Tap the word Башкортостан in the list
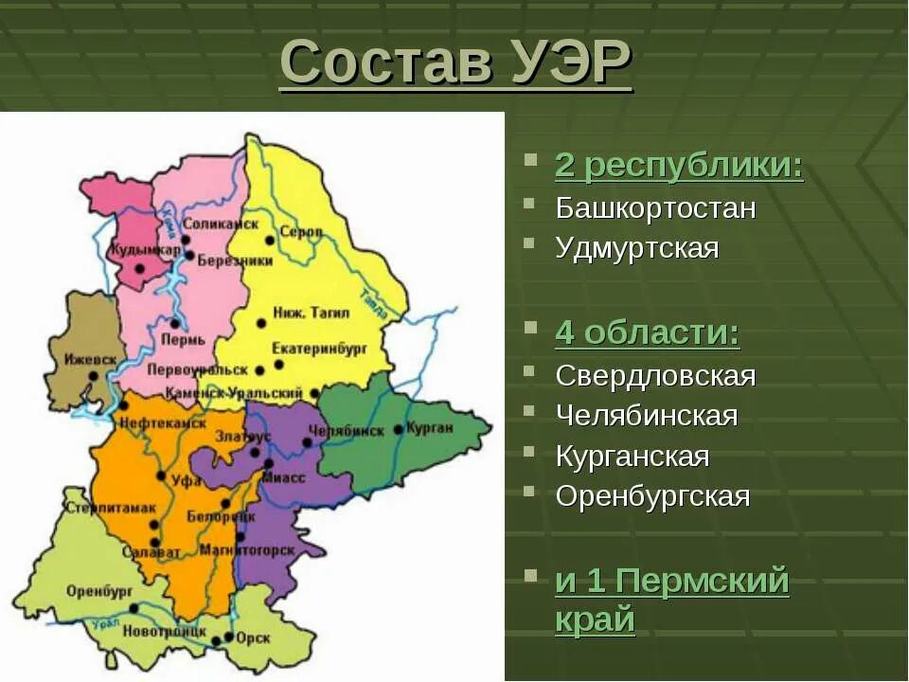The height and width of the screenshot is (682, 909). point(655,207)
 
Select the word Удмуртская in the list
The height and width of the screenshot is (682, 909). point(637,248)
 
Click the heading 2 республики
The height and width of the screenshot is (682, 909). point(678,166)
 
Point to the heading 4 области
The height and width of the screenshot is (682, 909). point(648,332)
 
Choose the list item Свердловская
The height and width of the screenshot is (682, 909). point(655,375)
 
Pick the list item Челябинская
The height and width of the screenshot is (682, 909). point(646,415)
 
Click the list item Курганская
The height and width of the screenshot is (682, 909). point(632,456)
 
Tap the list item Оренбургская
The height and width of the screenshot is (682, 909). point(652,495)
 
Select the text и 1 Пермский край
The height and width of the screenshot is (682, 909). point(671,599)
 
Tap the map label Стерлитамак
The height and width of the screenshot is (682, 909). point(111,508)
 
